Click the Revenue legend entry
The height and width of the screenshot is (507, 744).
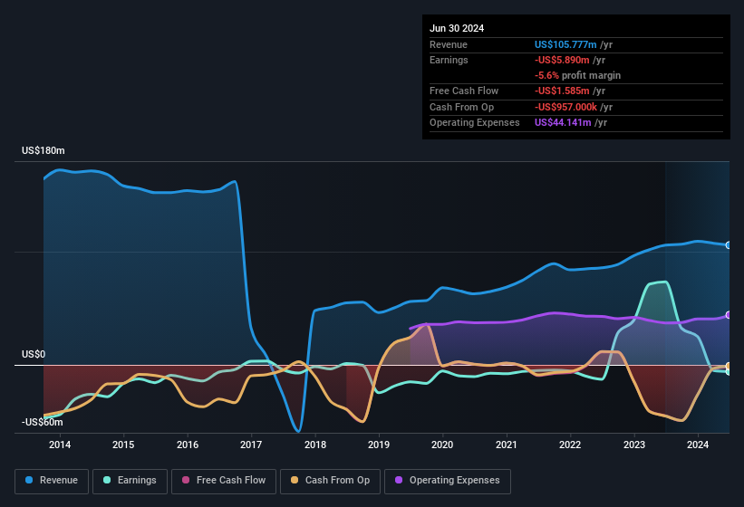click(52, 481)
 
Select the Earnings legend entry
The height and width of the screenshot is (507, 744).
click(130, 481)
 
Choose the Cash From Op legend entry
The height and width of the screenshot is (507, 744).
click(330, 481)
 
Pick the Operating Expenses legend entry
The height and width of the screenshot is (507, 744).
click(448, 481)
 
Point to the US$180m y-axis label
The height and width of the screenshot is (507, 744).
click(44, 150)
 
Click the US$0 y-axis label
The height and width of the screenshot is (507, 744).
click(34, 354)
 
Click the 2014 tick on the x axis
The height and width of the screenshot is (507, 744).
click(60, 445)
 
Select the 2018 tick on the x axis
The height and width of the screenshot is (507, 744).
click(315, 445)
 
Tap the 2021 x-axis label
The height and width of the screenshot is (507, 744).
click(507, 445)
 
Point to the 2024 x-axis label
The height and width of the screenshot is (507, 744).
click(698, 445)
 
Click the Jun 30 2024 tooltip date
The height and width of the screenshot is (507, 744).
click(457, 28)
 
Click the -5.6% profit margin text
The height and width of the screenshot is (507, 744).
click(577, 75)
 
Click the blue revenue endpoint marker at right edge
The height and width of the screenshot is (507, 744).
click(729, 245)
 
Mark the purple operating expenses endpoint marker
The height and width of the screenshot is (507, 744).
click(729, 315)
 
